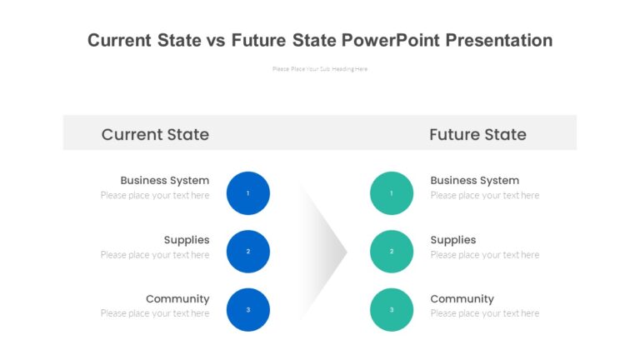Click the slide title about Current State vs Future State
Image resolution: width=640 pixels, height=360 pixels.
[x=320, y=40]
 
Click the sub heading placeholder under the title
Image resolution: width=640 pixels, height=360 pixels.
[x=320, y=69]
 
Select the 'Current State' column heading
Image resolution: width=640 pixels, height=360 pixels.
[x=155, y=134]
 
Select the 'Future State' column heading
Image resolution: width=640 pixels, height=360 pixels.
[x=477, y=134]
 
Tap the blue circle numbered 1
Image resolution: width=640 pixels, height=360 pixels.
[x=248, y=193]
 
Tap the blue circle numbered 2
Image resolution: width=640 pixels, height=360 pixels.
[x=248, y=252]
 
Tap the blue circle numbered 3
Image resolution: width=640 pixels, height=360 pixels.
[x=248, y=310]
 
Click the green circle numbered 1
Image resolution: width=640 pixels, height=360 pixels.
[x=392, y=193]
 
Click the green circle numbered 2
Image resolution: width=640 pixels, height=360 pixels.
[x=392, y=252]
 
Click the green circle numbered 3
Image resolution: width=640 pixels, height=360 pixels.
[x=392, y=310]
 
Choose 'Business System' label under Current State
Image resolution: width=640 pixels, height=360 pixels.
[x=164, y=180]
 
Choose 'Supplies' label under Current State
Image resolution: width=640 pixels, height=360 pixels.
[x=186, y=240]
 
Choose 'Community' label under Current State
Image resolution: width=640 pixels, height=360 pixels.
[x=177, y=299]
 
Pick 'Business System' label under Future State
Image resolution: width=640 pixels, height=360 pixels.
[x=474, y=180]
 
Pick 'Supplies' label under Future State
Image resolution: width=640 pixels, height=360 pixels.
[x=452, y=240]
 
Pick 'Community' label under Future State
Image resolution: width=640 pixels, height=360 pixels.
[x=462, y=299]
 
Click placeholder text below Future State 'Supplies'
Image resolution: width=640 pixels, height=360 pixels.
[x=484, y=255]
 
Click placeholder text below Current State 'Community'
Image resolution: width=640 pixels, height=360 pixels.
[x=155, y=313]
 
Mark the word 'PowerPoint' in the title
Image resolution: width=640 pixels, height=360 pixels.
[x=390, y=40]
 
